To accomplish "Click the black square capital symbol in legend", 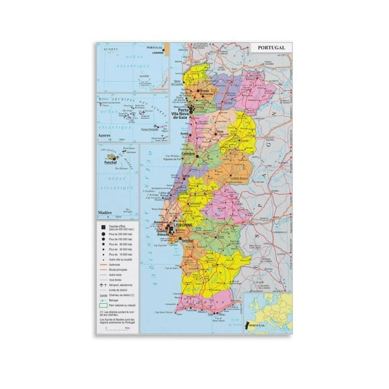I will [x=101, y=224].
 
